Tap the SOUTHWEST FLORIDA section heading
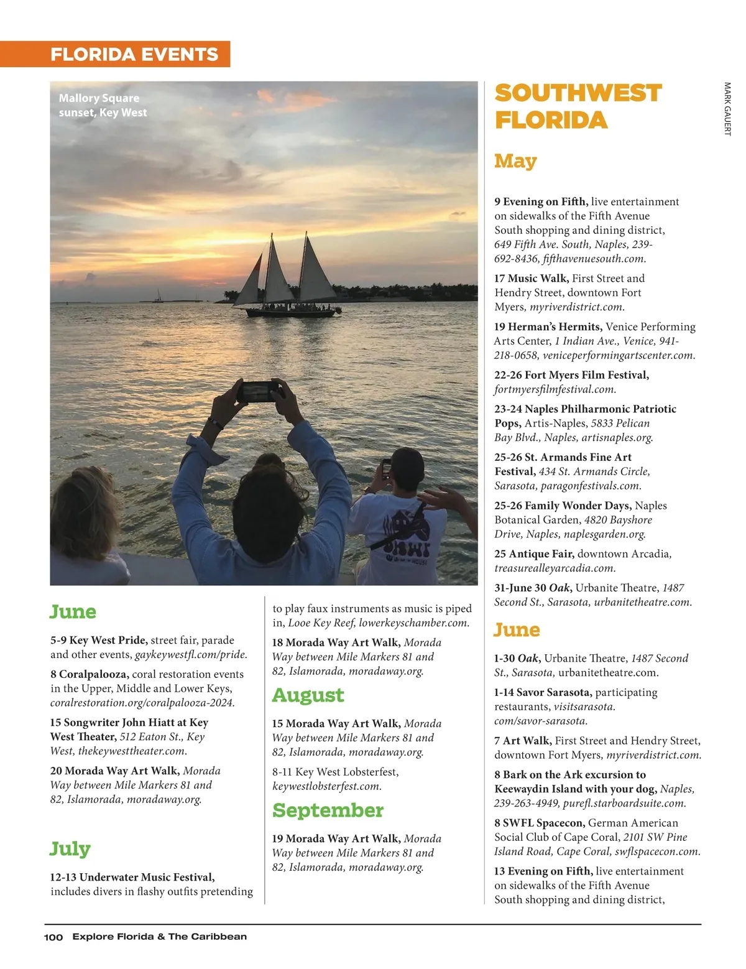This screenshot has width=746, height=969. click(x=578, y=106)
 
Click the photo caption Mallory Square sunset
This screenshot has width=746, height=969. click(x=103, y=105)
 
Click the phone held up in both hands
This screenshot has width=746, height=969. click(x=260, y=391)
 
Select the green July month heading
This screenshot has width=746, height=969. click(x=70, y=848)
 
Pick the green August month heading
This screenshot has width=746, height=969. click(x=308, y=695)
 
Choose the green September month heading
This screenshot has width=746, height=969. click(x=328, y=810)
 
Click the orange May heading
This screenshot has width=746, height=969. click(x=515, y=161)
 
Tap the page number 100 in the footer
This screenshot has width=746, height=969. click(x=53, y=937)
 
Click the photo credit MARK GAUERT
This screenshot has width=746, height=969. click(x=727, y=109)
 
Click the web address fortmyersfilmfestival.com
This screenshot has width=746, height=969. click(x=555, y=389)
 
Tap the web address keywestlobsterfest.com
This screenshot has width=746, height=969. click(x=327, y=786)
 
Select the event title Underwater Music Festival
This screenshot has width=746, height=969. click(x=147, y=877)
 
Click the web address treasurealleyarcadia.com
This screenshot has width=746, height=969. click(x=555, y=568)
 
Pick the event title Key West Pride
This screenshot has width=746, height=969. click(x=108, y=640)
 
